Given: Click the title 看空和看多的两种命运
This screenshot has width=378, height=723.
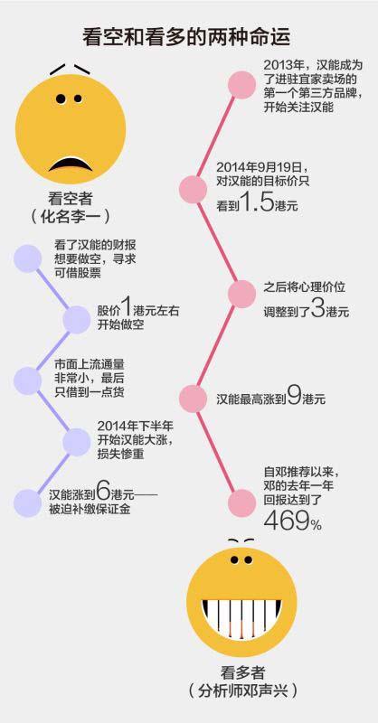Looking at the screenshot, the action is pyautogui.click(x=186, y=37).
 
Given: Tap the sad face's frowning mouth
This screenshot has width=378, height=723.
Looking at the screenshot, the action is pyautogui.click(x=71, y=164).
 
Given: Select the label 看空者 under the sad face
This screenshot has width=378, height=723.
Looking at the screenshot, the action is pyautogui.click(x=71, y=199).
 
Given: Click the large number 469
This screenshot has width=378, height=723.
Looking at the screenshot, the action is pyautogui.click(x=287, y=521).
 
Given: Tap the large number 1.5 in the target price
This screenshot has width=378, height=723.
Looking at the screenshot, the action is pyautogui.click(x=257, y=203).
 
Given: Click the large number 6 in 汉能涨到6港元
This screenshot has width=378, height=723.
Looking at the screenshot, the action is pyautogui.click(x=103, y=493).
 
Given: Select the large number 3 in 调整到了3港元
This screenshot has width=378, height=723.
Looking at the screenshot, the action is pyautogui.click(x=318, y=309).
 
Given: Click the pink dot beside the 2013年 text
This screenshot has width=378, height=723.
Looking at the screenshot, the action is pyautogui.click(x=241, y=85).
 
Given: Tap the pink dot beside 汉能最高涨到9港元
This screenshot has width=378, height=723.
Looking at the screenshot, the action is pyautogui.click(x=193, y=399).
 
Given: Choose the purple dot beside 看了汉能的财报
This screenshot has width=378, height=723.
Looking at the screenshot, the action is pyautogui.click(x=28, y=258).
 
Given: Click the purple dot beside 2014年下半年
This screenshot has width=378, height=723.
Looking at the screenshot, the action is pyautogui.click(x=77, y=442).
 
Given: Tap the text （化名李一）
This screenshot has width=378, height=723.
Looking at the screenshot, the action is pyautogui.click(x=71, y=217).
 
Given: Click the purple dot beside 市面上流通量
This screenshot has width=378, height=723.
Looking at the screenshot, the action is pyautogui.click(x=28, y=380).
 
